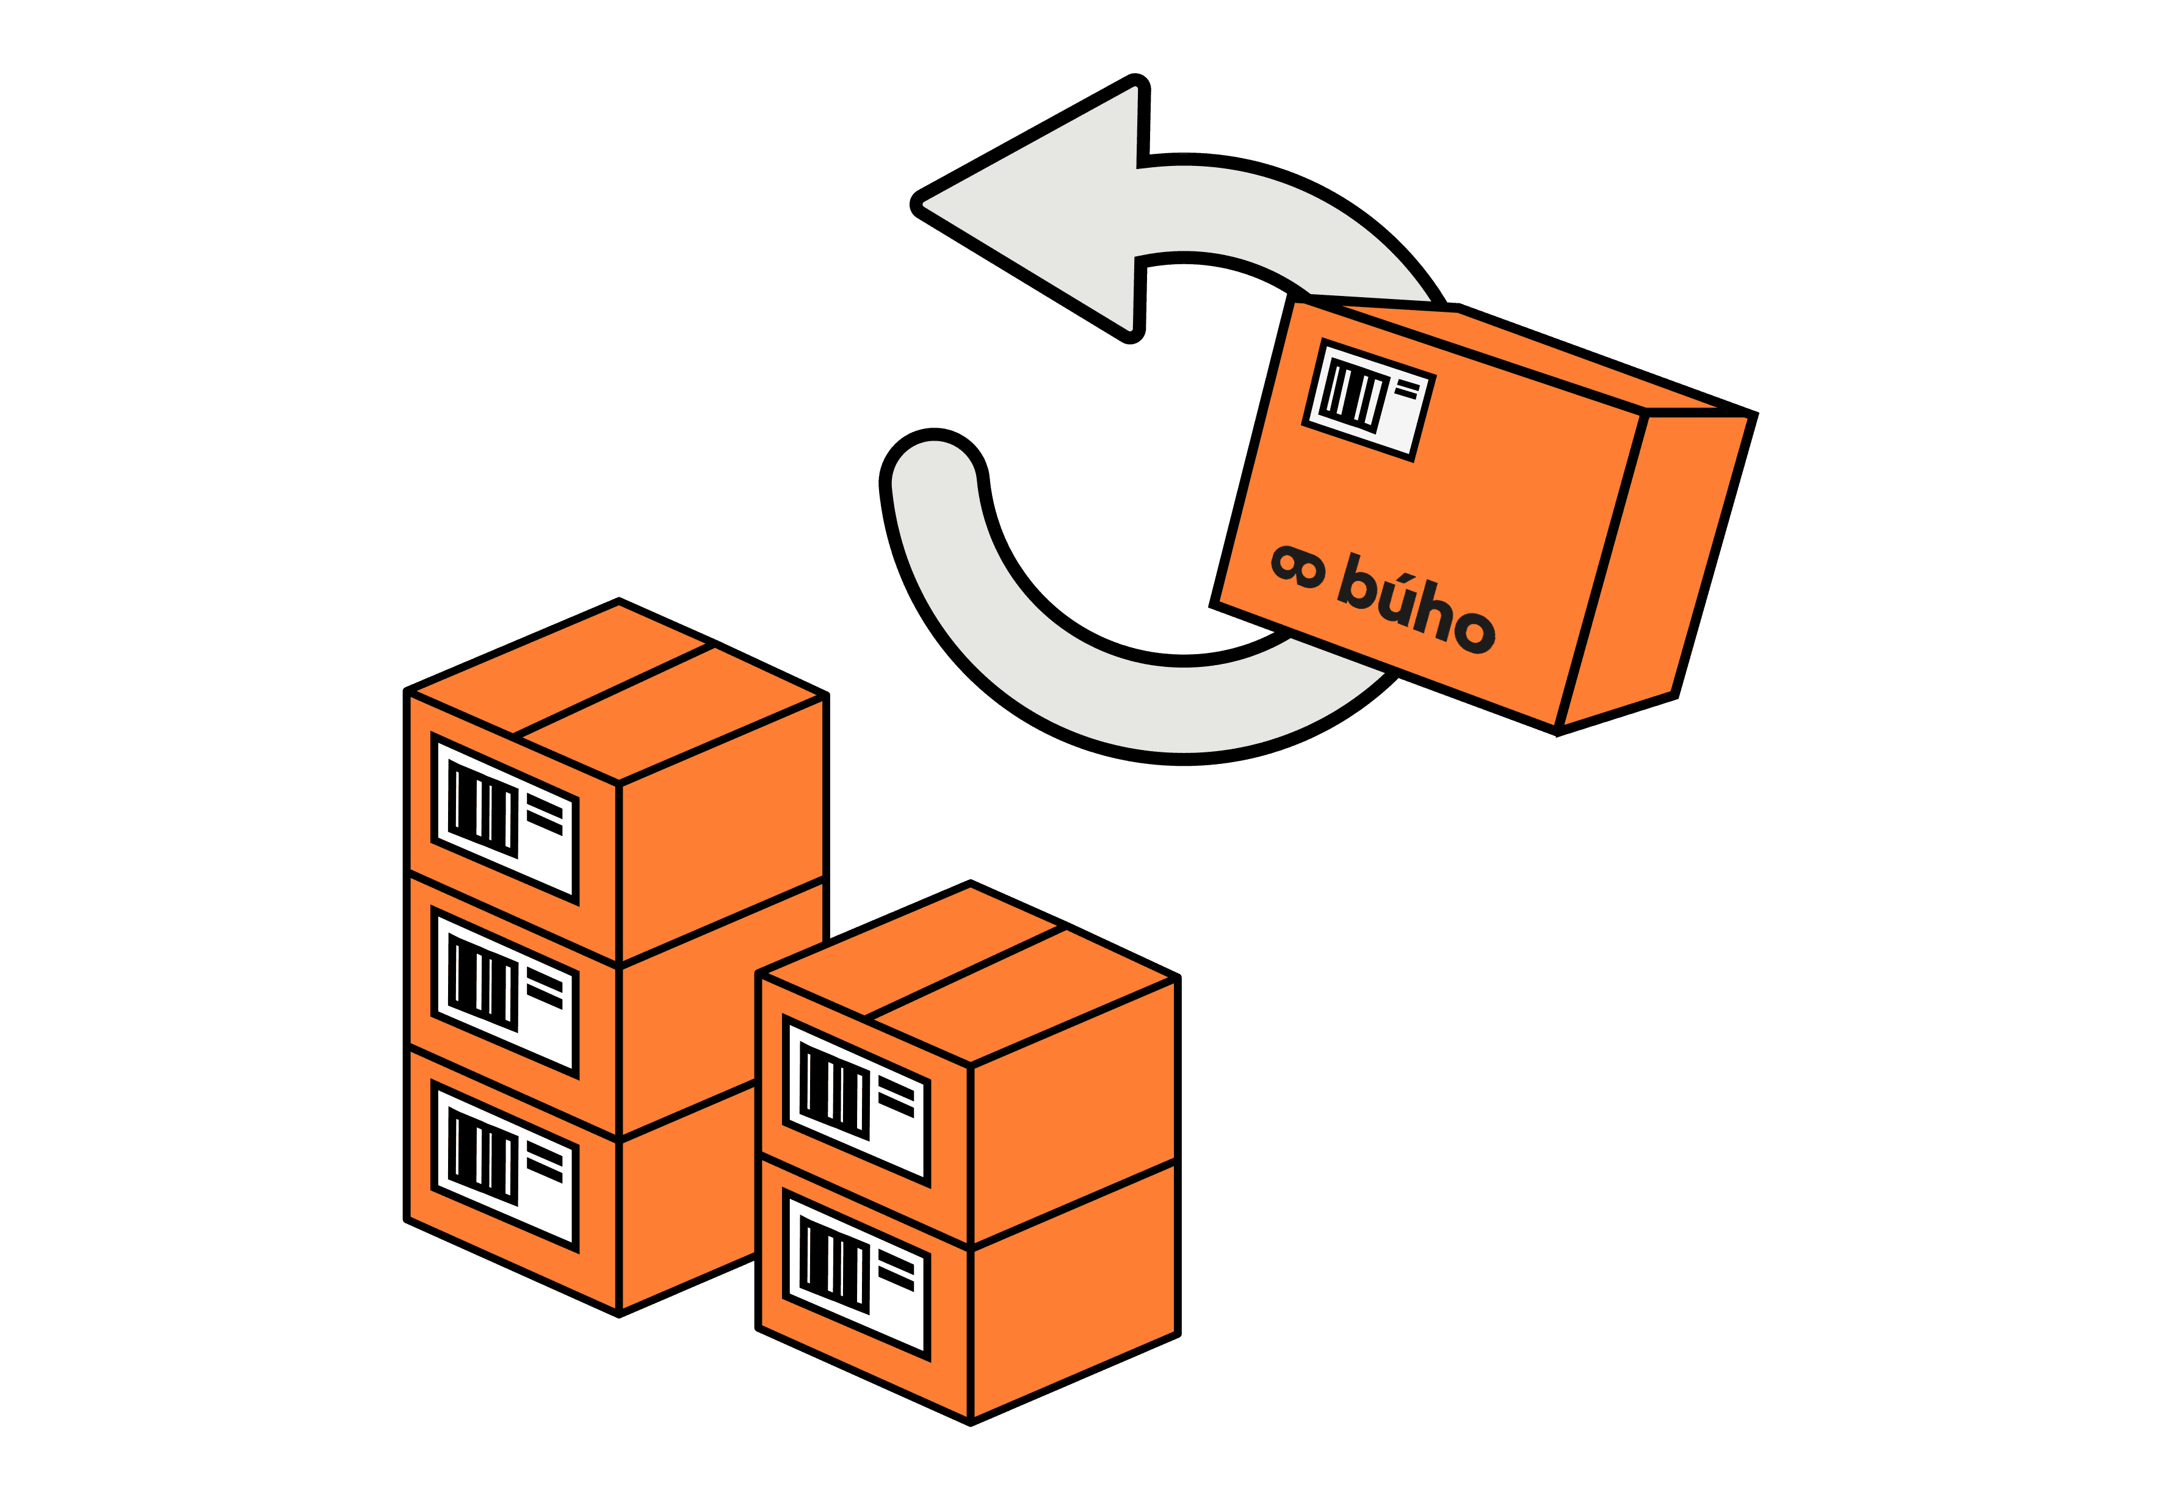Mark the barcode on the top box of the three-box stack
[483, 807]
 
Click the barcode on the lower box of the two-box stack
[834, 1263]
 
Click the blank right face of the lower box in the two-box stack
[1073, 1292]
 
